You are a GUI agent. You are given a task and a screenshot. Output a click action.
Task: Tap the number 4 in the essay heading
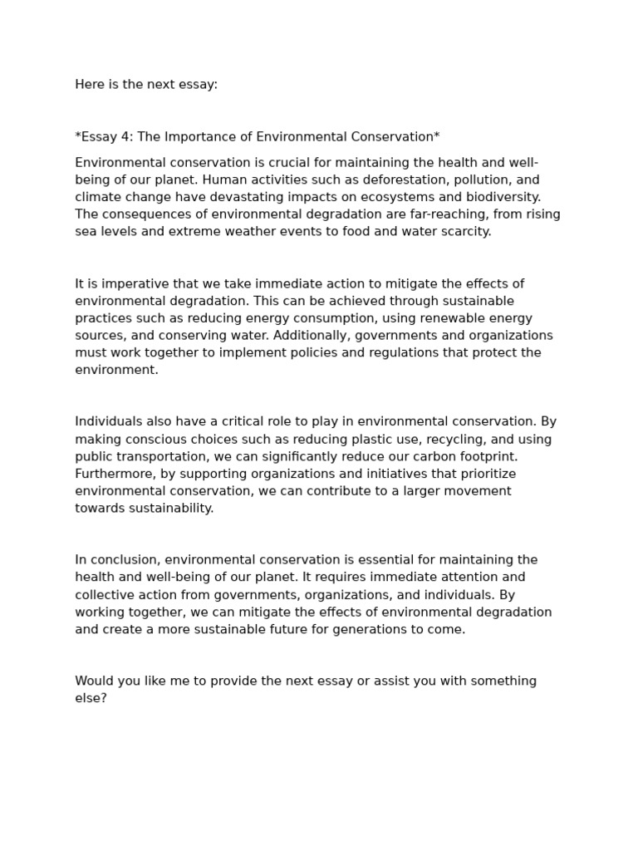pos(125,136)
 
